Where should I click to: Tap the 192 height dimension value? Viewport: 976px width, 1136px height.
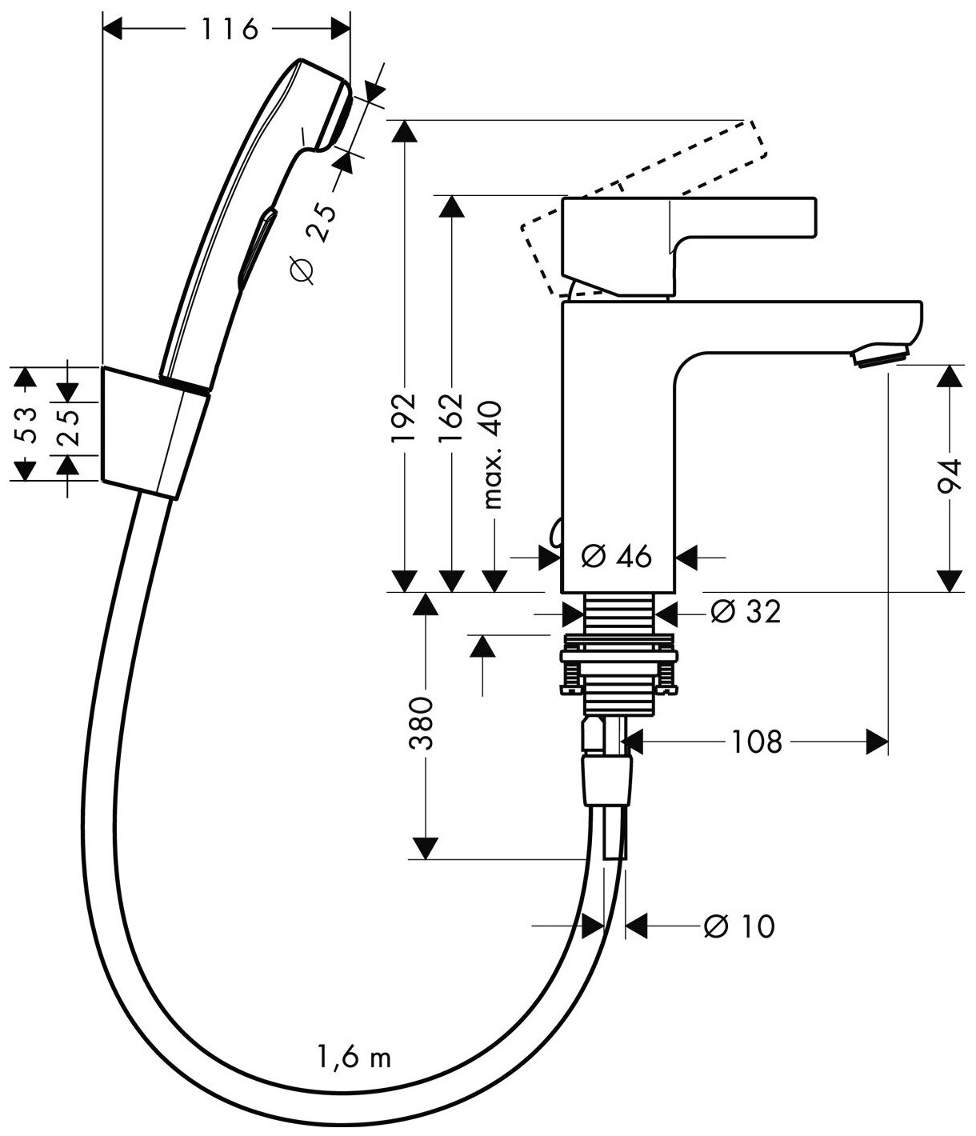[x=406, y=416]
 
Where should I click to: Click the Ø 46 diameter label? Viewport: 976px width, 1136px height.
[x=616, y=554]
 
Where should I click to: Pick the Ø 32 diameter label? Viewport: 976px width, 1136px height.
[x=745, y=612]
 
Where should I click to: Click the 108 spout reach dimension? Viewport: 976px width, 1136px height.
[x=754, y=742]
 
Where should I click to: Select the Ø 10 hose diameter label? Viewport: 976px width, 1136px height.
[x=739, y=926]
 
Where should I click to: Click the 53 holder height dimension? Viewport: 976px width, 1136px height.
[x=26, y=425]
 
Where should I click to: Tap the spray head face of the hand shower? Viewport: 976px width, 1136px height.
[x=337, y=116]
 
